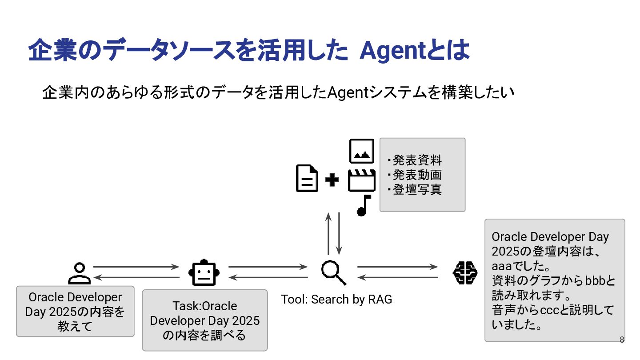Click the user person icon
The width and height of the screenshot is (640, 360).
click(x=80, y=273)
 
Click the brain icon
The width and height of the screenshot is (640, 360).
click(x=465, y=272)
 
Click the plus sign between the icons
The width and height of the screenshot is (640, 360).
click(x=332, y=180)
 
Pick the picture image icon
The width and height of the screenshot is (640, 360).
click(x=362, y=151)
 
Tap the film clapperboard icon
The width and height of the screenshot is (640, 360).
click(x=362, y=180)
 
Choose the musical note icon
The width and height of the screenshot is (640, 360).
click(x=364, y=205)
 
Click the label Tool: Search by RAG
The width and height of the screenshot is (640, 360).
click(x=336, y=300)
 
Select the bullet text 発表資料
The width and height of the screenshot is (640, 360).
click(x=416, y=160)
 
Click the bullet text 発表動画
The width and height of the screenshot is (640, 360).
click(x=416, y=175)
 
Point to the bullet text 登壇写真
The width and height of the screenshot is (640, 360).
click(x=416, y=189)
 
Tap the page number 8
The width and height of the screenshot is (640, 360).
click(x=622, y=340)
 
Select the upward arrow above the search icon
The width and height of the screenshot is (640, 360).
click(x=328, y=233)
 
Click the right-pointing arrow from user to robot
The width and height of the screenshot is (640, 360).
click(x=135, y=267)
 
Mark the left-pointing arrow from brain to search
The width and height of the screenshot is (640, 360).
click(x=398, y=278)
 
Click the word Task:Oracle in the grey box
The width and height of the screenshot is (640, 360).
click(x=205, y=306)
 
